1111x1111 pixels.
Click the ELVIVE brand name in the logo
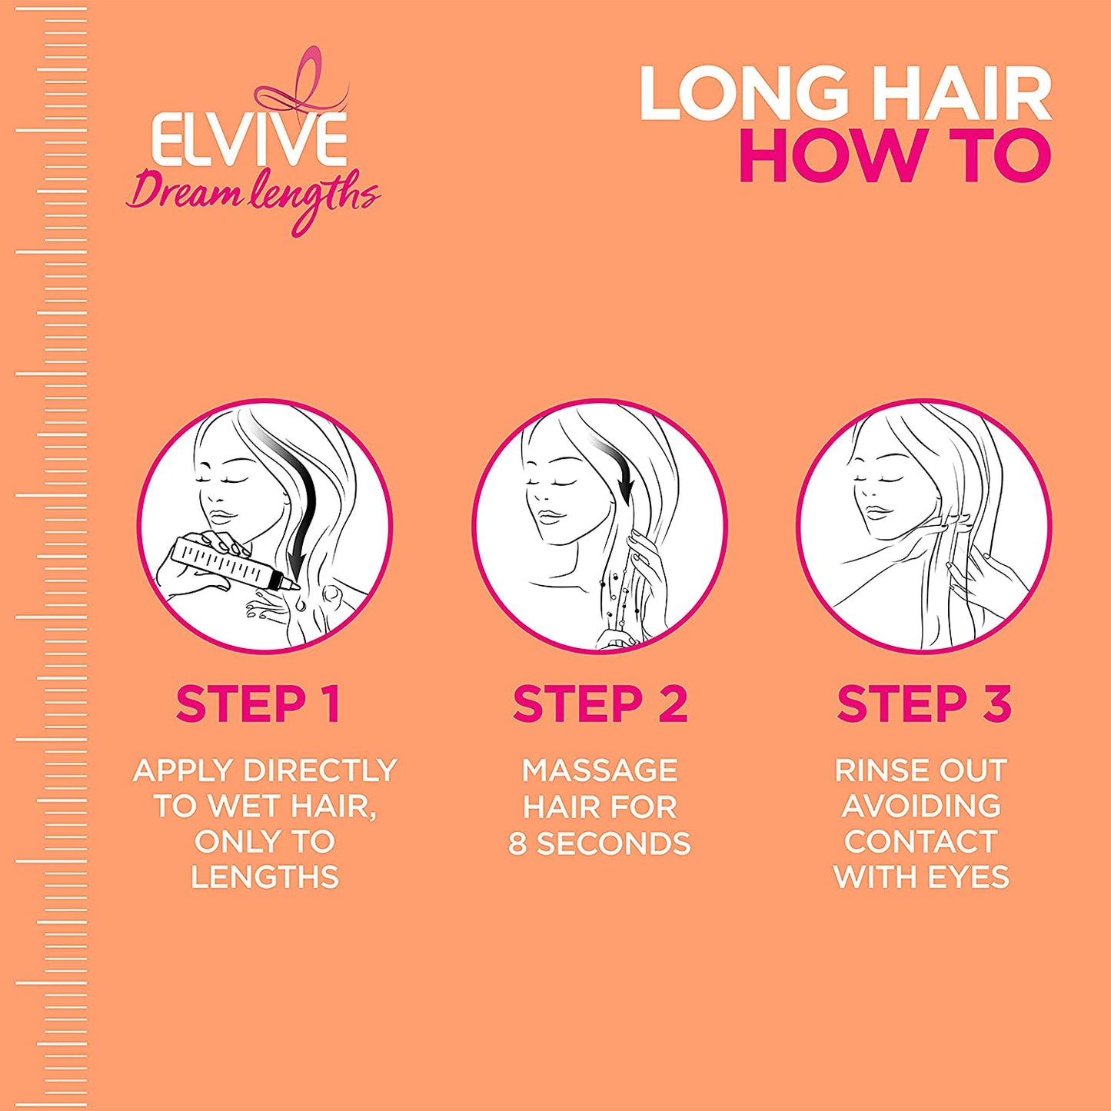[249, 140]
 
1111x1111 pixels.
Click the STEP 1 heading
[258, 704]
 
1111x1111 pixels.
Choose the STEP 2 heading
[600, 704]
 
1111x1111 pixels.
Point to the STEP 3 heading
[924, 704]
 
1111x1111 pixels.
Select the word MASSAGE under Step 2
[600, 770]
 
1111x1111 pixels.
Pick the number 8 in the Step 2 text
[517, 844]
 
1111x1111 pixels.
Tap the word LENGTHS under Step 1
[264, 877]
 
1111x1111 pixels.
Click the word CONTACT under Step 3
[921, 841]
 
